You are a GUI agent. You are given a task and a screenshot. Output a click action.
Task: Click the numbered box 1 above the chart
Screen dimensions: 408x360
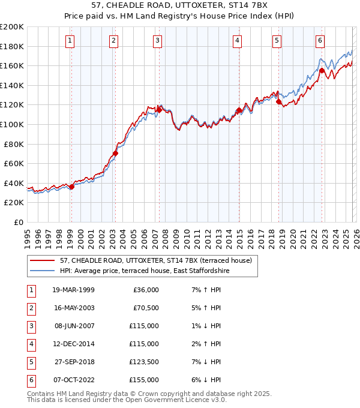click(x=71, y=41)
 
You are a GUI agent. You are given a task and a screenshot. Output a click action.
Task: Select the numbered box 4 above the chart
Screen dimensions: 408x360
click(x=238, y=41)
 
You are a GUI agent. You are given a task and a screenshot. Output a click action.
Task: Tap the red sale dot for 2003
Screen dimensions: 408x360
click(x=115, y=153)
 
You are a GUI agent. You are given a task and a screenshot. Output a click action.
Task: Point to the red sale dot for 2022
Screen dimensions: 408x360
click(x=322, y=70)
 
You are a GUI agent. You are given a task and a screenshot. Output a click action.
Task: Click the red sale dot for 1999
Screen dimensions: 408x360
click(x=71, y=187)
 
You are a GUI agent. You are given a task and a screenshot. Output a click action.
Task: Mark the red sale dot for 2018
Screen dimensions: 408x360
click(x=278, y=101)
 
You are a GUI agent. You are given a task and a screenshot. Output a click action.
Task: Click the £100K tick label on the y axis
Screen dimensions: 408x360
click(x=12, y=124)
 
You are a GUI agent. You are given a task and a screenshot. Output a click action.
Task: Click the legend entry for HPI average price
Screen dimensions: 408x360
click(x=145, y=271)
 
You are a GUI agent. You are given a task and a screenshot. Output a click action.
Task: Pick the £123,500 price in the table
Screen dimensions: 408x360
click(x=144, y=362)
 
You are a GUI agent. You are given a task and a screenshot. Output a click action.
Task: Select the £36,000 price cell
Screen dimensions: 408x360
click(x=146, y=290)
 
